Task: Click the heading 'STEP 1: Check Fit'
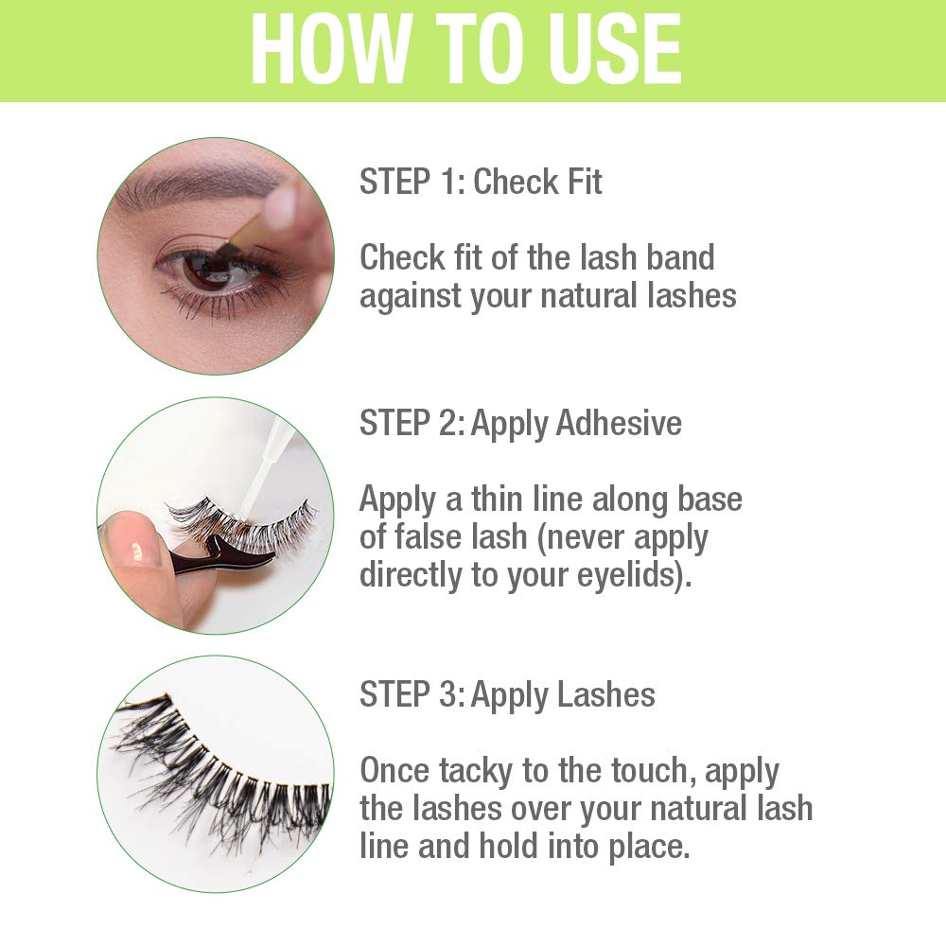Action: [x=481, y=182]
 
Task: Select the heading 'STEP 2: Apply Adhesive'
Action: [x=520, y=423]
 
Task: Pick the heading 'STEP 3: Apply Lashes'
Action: [x=507, y=694]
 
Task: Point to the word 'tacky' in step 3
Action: [x=478, y=771]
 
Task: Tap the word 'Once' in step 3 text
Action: [x=394, y=771]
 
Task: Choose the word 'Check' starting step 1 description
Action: [x=403, y=257]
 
